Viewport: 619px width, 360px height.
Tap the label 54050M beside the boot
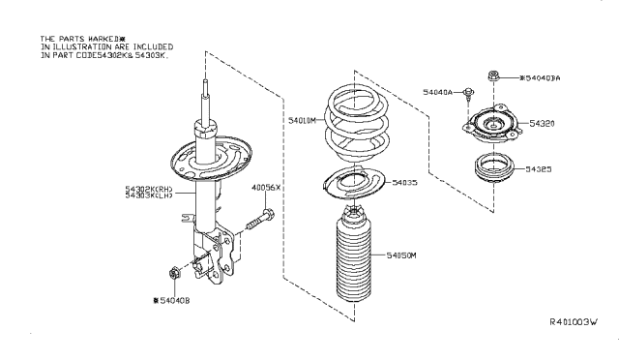click(x=398, y=256)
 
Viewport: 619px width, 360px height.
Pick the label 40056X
click(x=266, y=187)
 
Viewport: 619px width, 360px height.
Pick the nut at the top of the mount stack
click(x=494, y=75)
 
